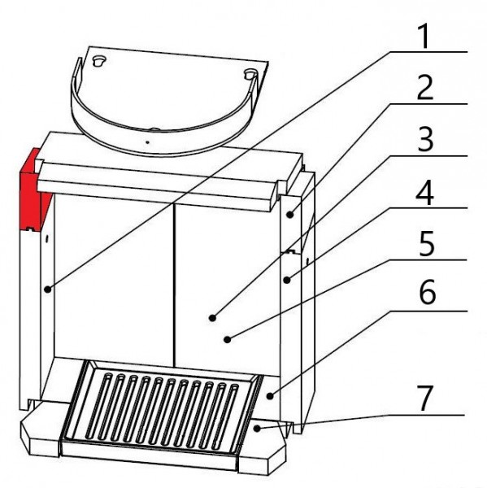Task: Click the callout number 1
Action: pos(424,37)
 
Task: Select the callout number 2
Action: pos(425,88)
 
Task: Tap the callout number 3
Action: pos(425,139)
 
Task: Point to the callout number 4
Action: pos(425,192)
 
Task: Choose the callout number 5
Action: pos(426,244)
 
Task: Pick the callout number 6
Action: pos(428,291)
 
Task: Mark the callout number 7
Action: pos(424,399)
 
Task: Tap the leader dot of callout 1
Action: pos(47,290)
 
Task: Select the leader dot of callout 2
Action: pos(290,214)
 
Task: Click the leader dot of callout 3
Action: pos(212,318)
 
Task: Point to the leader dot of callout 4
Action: pos(287,280)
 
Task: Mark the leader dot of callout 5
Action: pos(228,339)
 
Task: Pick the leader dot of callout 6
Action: pos(270,396)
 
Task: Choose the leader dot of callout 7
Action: pos(257,429)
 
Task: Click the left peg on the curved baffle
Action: pos(99,60)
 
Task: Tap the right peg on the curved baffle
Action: pos(250,74)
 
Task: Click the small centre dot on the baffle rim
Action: pos(147,142)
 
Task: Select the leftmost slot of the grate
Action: pos(98,405)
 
